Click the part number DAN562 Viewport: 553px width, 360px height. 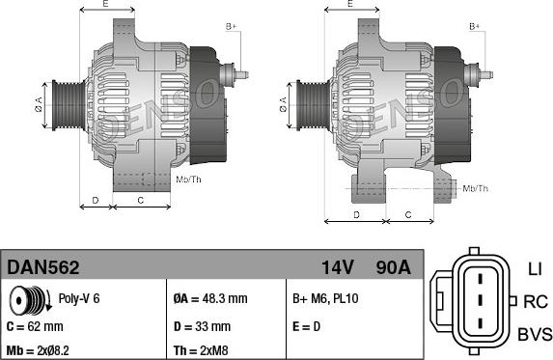click(43, 267)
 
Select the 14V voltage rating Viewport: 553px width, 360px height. click(338, 267)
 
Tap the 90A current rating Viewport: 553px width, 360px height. click(393, 267)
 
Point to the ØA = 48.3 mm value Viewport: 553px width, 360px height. click(210, 299)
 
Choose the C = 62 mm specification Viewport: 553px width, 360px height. click(35, 326)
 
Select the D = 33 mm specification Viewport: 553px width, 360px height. click(202, 326)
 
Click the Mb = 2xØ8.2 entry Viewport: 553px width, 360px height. click(38, 350)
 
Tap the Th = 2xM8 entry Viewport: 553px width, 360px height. click(201, 350)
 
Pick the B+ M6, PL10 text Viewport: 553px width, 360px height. click(325, 299)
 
